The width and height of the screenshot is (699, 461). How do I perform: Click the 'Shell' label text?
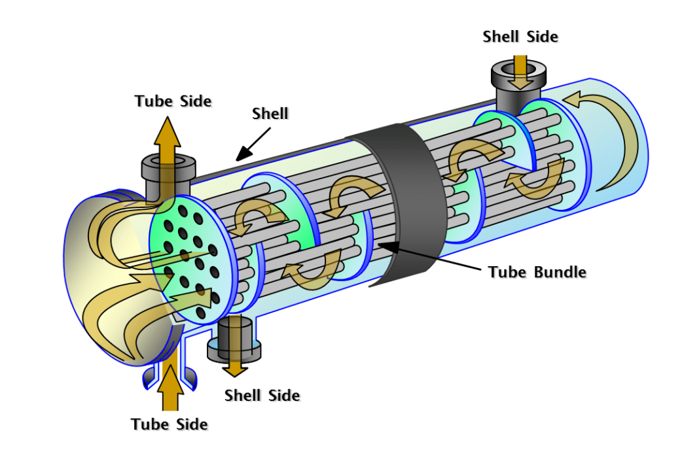tap(270, 114)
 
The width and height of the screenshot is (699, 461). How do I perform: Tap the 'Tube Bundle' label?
tap(537, 271)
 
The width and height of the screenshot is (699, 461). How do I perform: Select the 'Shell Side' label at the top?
tap(520, 37)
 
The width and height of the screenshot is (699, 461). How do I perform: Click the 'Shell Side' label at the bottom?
tap(262, 396)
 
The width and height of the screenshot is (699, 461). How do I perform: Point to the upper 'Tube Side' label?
tap(173, 101)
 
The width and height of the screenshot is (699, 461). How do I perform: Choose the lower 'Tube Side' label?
tap(169, 424)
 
